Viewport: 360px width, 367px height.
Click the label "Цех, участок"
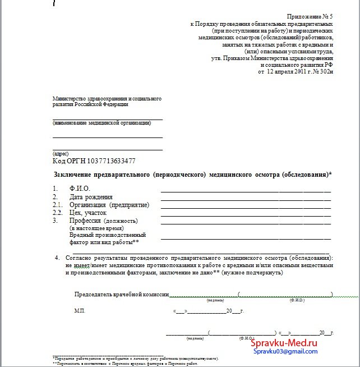[88, 213]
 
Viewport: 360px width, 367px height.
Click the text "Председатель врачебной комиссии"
[122, 294]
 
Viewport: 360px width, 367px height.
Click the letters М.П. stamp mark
[80, 310]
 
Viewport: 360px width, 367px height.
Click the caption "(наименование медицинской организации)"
[102, 123]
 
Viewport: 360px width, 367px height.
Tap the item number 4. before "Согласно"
[57, 258]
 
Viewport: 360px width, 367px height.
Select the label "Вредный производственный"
[108, 235]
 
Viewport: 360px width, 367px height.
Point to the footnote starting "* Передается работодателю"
[135, 357]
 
